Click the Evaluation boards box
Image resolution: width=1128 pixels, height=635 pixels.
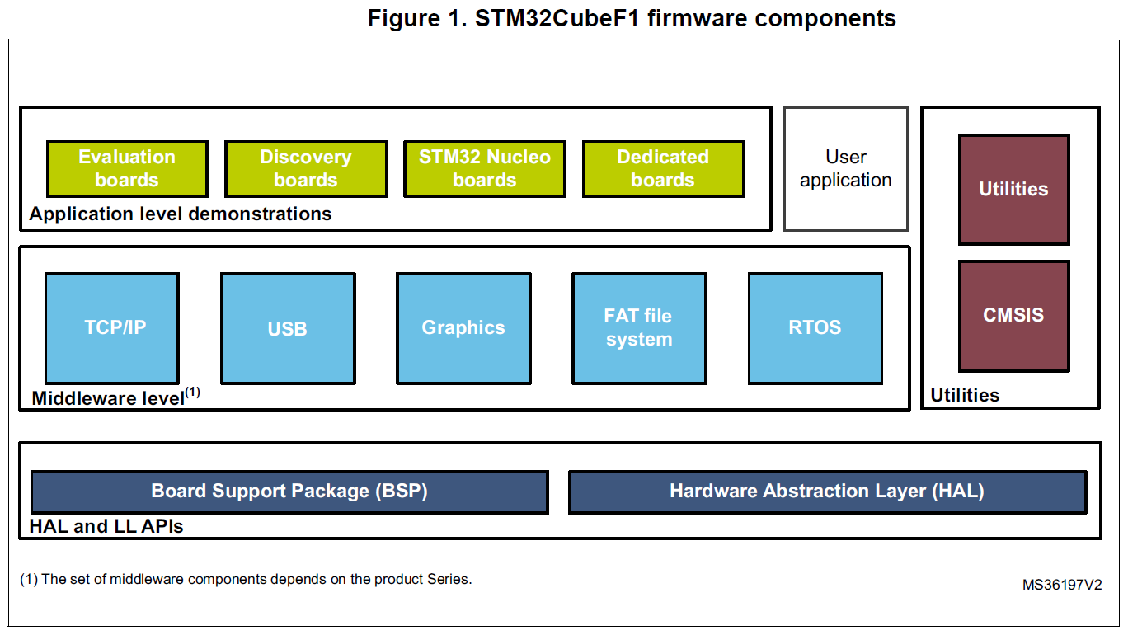click(127, 169)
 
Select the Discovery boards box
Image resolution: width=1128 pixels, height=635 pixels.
click(306, 169)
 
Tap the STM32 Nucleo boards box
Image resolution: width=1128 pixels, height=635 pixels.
click(485, 169)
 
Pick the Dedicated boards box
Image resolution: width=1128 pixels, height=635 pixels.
click(663, 169)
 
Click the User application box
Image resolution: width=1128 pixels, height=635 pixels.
click(846, 169)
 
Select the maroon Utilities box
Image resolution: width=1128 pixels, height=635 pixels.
click(1013, 190)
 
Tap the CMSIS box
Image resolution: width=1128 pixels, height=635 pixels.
click(1013, 316)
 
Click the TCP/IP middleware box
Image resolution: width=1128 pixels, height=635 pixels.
click(112, 328)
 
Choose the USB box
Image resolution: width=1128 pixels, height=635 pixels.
click(288, 328)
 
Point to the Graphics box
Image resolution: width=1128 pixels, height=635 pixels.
click(463, 328)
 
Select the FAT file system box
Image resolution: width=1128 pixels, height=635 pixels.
click(640, 328)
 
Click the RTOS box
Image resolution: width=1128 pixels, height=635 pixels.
click(815, 328)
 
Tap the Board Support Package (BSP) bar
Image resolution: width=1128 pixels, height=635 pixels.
click(289, 492)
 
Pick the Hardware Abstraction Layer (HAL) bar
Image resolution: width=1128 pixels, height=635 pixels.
click(827, 492)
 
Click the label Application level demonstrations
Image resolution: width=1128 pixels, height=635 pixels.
click(181, 214)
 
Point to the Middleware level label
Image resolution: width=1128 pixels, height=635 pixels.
click(115, 397)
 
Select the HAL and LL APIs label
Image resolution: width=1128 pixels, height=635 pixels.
click(106, 526)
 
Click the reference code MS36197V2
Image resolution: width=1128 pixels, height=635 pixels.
click(1062, 585)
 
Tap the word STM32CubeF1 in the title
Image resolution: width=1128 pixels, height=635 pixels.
click(557, 19)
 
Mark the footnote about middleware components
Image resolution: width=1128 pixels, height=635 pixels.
click(246, 579)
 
